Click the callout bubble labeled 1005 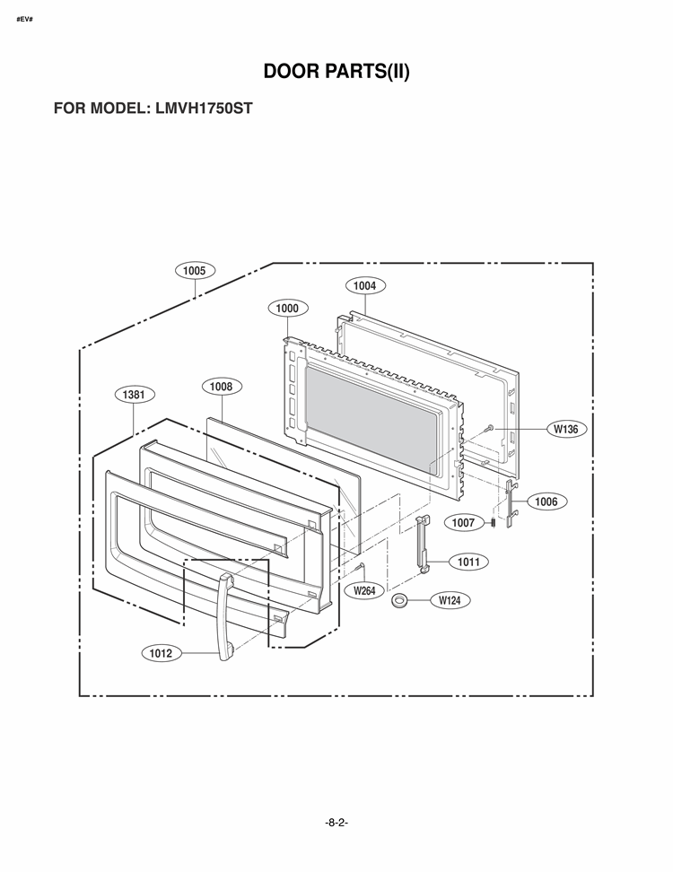194,271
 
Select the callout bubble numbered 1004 365,286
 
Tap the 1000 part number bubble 287,308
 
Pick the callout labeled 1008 222,386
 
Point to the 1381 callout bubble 134,395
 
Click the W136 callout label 566,429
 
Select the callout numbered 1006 546,501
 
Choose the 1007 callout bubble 463,523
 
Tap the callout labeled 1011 468,562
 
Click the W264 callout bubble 364,590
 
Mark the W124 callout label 450,600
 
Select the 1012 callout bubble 161,653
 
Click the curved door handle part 226,617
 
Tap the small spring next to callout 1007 493,522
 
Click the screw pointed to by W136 489,428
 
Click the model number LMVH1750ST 204,108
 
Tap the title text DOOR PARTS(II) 336,71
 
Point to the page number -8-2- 336,823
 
